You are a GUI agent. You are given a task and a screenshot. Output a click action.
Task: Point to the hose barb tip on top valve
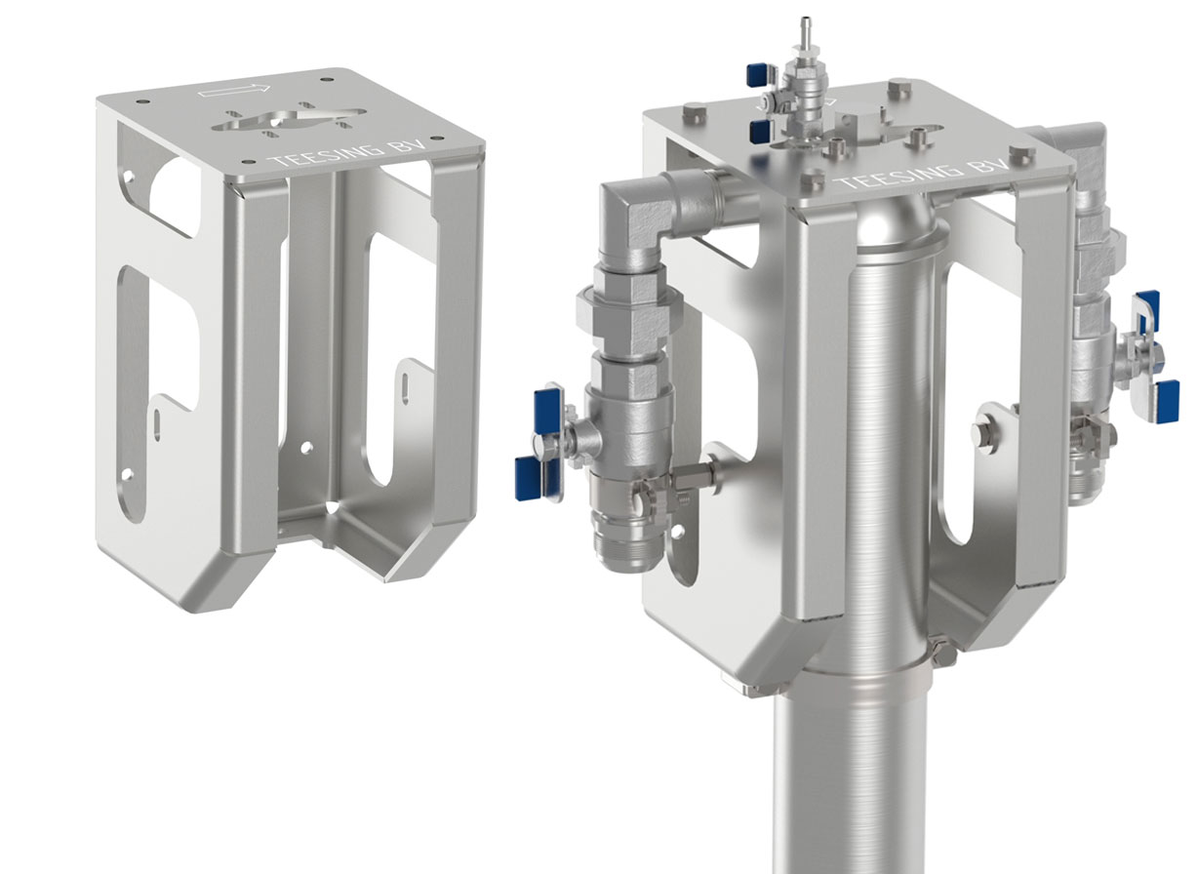[806, 24]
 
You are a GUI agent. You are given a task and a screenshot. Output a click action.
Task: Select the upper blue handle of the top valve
[756, 75]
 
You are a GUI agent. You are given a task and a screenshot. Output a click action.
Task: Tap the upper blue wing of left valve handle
[545, 402]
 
